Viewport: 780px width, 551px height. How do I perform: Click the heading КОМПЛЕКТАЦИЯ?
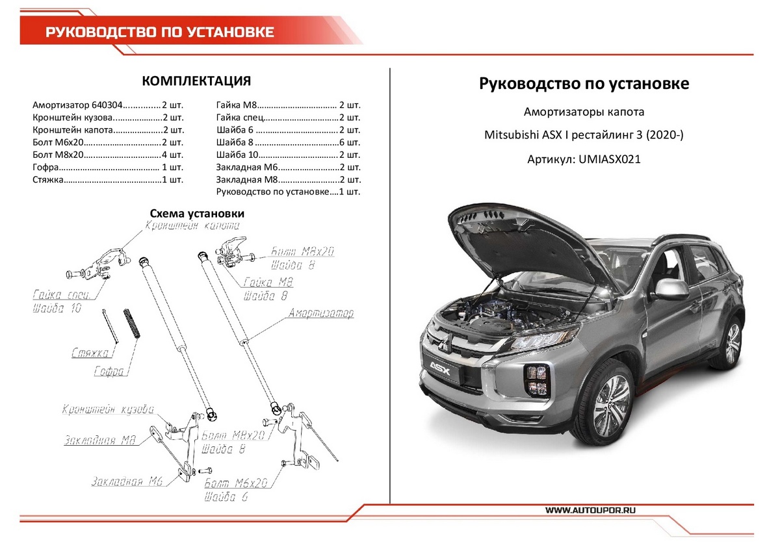pyautogui.click(x=196, y=81)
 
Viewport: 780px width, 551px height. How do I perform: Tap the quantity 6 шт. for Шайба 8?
pyautogui.click(x=350, y=142)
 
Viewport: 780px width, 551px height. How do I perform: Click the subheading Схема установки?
pyautogui.click(x=196, y=213)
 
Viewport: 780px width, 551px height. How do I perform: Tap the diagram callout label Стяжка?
pyautogui.click(x=91, y=354)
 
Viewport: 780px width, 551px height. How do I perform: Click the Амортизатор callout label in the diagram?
pyautogui.click(x=321, y=314)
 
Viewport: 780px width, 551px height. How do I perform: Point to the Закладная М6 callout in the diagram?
pyautogui.click(x=127, y=481)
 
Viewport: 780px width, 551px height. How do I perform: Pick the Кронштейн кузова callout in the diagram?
pyautogui.click(x=108, y=410)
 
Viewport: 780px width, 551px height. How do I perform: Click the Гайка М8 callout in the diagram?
pyautogui.click(x=268, y=283)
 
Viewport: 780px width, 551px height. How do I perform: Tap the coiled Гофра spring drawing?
pyautogui.click(x=132, y=323)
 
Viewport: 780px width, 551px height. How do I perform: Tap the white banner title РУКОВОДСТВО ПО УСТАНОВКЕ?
pyautogui.click(x=159, y=32)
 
